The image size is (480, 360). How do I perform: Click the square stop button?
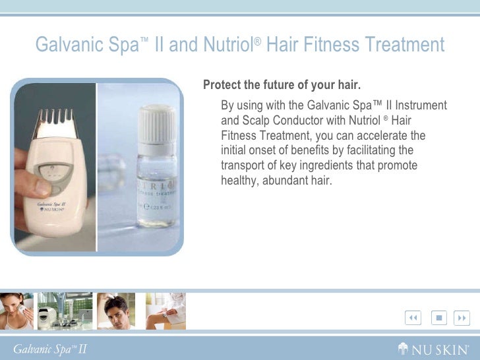pyautogui.click(x=438, y=318)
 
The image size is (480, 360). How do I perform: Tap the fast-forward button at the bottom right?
pyautogui.click(x=462, y=318)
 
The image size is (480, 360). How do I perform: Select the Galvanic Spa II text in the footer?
pyautogui.click(x=49, y=349)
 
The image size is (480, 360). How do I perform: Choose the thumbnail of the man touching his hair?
pyautogui.click(x=116, y=311)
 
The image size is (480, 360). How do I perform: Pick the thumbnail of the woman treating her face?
pyautogui.click(x=16, y=311)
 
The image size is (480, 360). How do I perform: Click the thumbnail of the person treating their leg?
pyautogui.click(x=165, y=311)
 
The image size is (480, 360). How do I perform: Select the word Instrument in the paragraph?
pyautogui.click(x=421, y=105)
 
